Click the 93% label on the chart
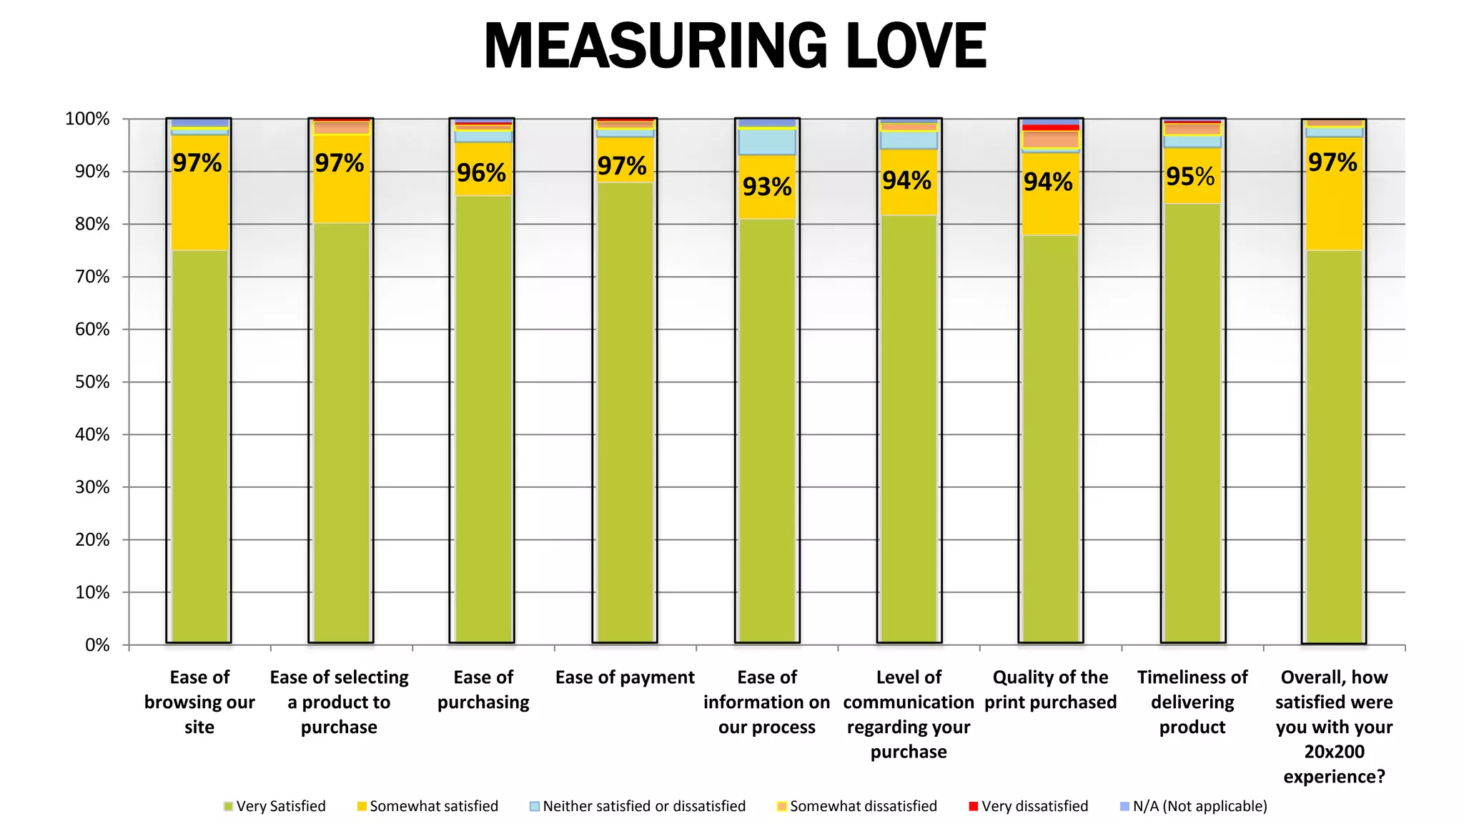pyautogui.click(x=767, y=187)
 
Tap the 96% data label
pyautogui.click(x=481, y=172)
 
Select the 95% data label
pyautogui.click(x=1190, y=176)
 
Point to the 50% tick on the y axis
pyautogui.click(x=92, y=382)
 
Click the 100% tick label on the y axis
pyautogui.click(x=87, y=119)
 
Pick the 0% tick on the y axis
pyautogui.click(x=97, y=645)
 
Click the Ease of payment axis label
pyautogui.click(x=625, y=677)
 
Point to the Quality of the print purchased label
pyautogui.click(x=1050, y=690)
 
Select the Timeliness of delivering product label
pyautogui.click(x=1192, y=702)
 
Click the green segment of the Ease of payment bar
pyautogui.click(x=625, y=415)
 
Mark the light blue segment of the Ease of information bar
pyautogui.click(x=766, y=142)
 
